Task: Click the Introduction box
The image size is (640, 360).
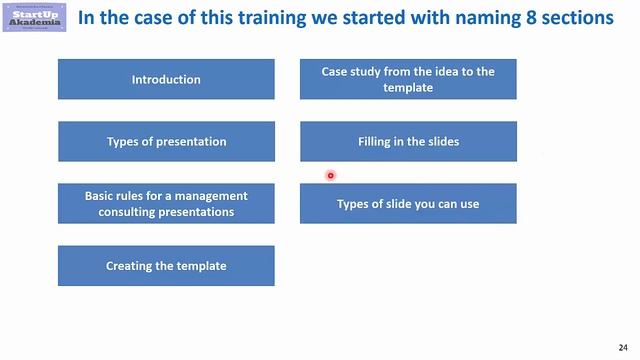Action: (166, 79)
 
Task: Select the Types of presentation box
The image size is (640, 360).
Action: (166, 141)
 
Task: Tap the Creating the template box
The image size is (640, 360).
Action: (166, 266)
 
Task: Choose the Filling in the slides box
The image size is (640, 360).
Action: (408, 141)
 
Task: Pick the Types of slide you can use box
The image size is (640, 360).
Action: (408, 204)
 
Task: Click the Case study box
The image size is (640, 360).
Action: (408, 79)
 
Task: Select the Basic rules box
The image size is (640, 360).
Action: (166, 204)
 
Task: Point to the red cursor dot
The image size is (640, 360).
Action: (330, 176)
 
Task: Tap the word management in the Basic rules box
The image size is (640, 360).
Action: (212, 196)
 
